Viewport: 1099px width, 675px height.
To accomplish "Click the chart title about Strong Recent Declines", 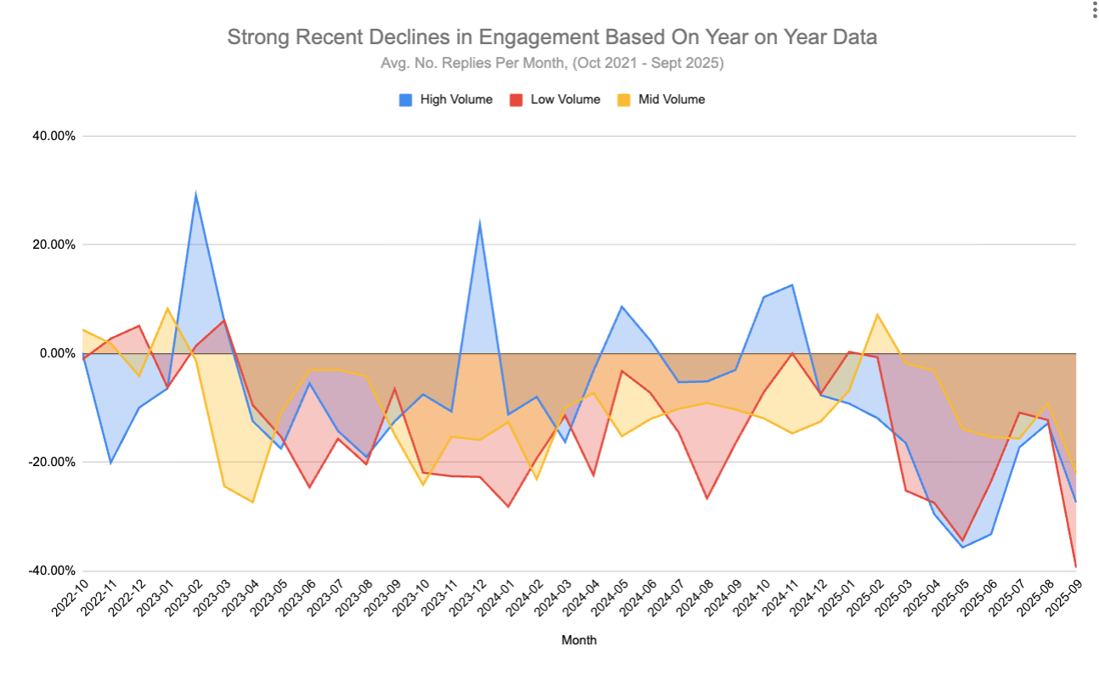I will tap(551, 37).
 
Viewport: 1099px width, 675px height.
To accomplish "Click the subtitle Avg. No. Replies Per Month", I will tap(551, 64).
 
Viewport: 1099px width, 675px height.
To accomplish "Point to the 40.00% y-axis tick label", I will tap(52, 136).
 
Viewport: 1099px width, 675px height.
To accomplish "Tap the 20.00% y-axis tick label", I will tap(52, 245).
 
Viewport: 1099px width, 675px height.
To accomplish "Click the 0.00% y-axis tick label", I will tap(55, 353).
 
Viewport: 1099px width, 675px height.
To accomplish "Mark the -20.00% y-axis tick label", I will tap(50, 462).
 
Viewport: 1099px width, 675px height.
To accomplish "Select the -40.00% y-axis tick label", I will tap(50, 571).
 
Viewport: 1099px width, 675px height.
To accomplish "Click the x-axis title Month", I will tap(578, 640).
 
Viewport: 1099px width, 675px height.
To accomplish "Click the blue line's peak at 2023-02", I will tap(196, 194).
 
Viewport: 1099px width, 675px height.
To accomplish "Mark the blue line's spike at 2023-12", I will tap(480, 224).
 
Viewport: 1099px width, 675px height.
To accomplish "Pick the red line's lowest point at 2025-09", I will tap(1076, 566).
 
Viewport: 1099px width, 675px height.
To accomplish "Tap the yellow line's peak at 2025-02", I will tap(877, 315).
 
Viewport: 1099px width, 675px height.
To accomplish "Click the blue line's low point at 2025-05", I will tap(962, 547).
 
